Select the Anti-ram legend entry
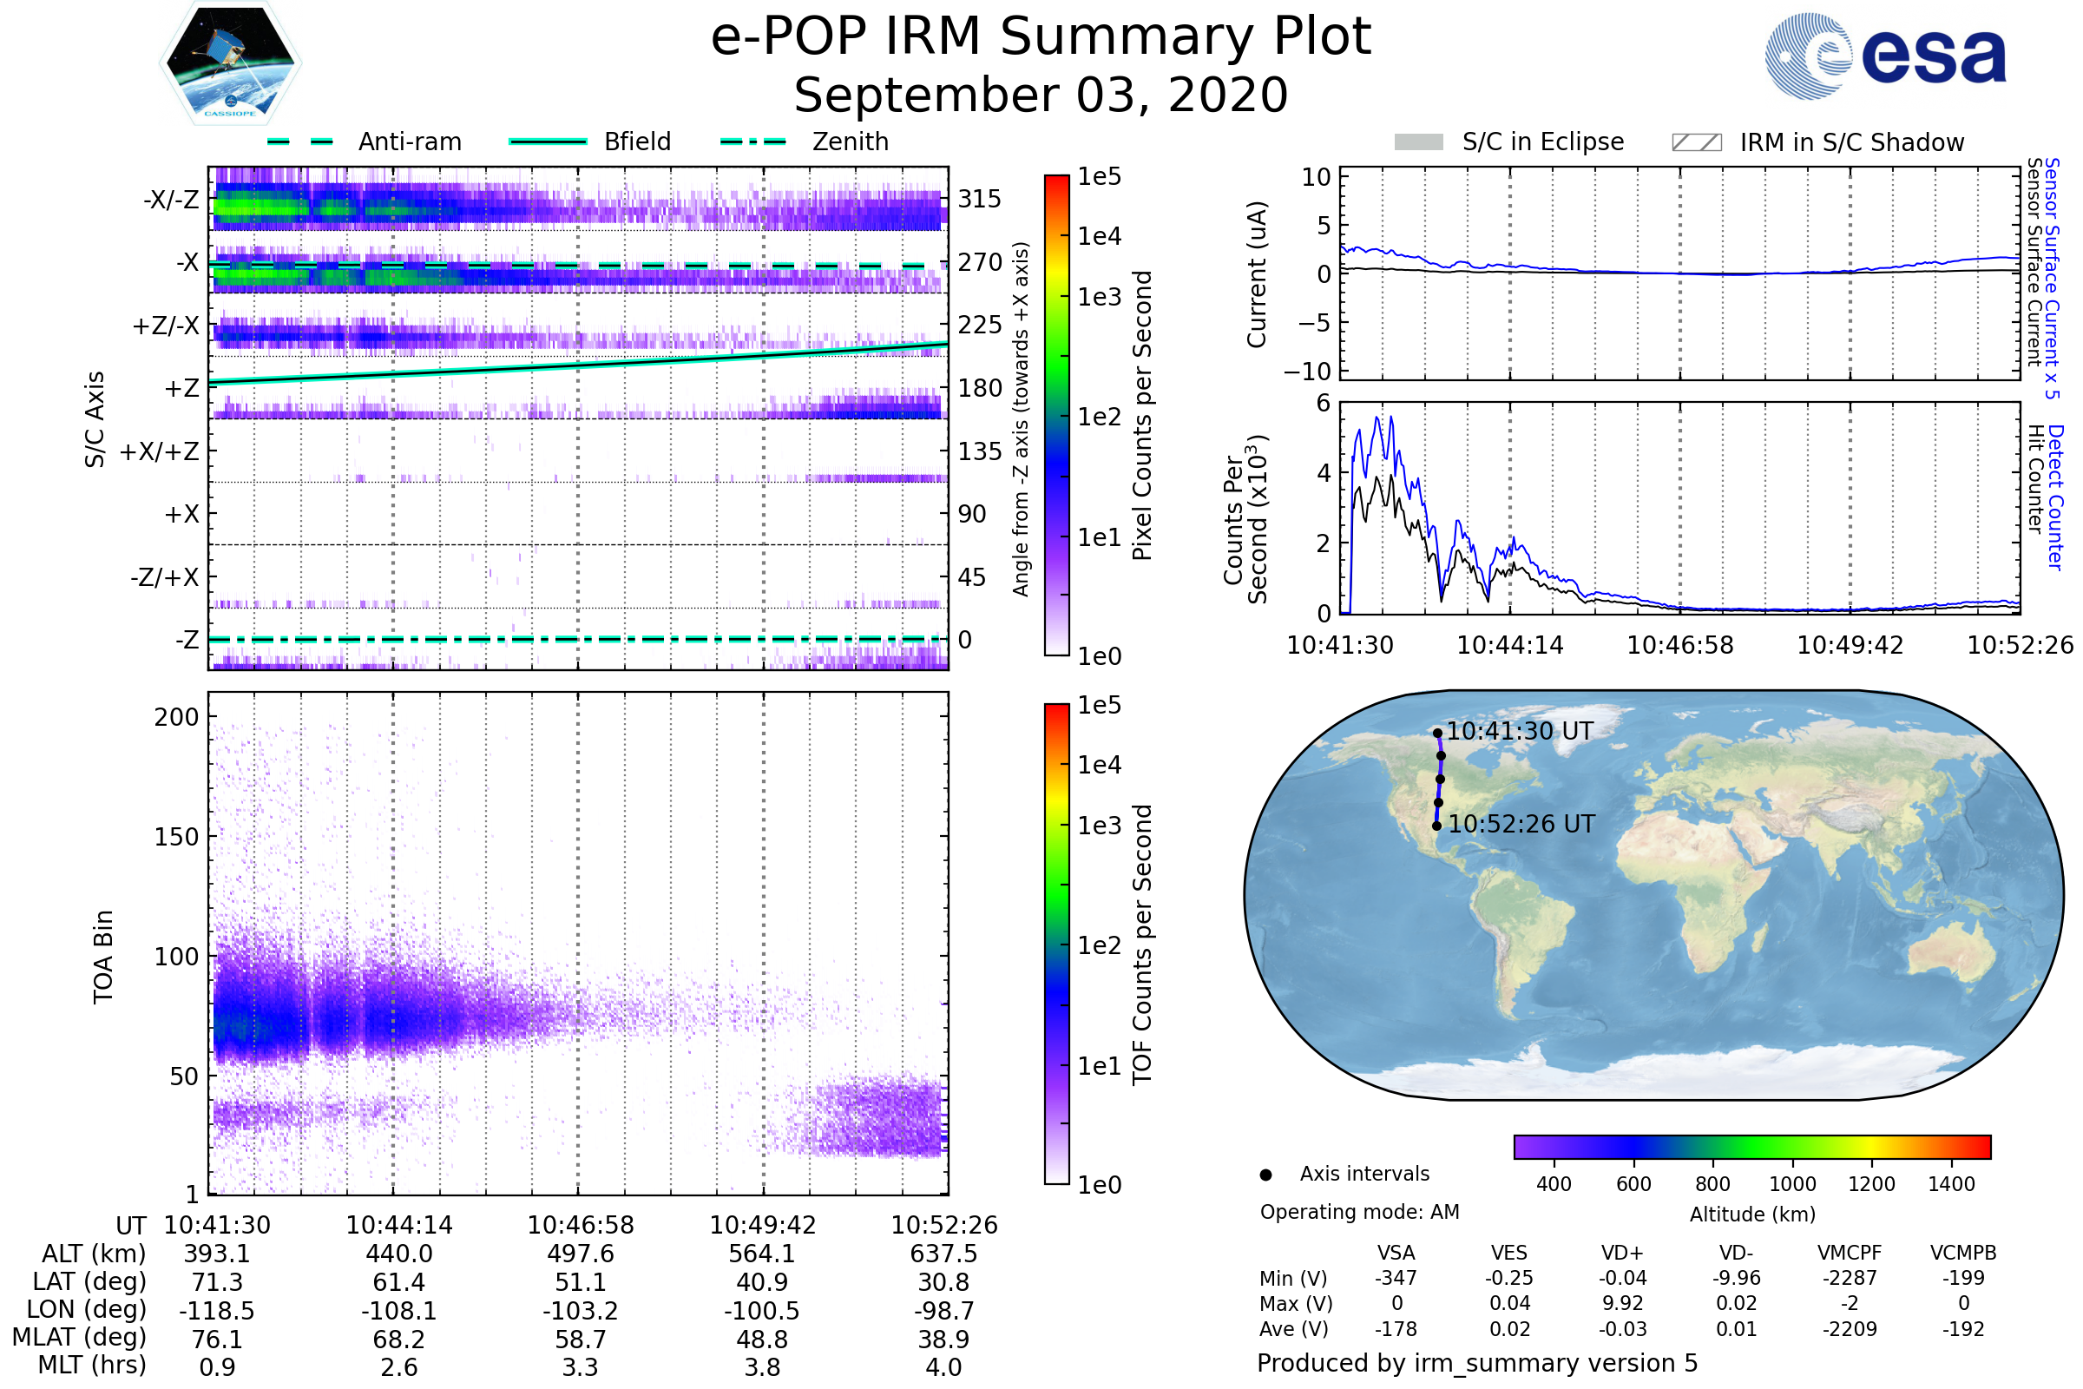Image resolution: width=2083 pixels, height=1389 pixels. [x=409, y=142]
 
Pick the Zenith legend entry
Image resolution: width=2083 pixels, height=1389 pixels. [x=850, y=142]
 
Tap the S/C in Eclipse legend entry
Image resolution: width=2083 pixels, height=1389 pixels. [x=1542, y=142]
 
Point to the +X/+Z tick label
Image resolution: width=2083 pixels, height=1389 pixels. [x=160, y=451]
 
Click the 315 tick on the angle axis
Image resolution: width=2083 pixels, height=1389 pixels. [x=980, y=199]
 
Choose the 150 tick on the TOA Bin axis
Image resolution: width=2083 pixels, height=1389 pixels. [x=176, y=836]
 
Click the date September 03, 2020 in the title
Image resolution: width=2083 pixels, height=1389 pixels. [x=1041, y=95]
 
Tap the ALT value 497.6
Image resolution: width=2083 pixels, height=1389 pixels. [x=580, y=1254]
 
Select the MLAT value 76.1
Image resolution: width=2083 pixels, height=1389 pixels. [x=217, y=1339]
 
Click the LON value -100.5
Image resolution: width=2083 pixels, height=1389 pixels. [x=762, y=1310]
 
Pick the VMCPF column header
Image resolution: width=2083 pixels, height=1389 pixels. [x=1850, y=1253]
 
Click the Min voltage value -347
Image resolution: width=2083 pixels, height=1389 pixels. [x=1396, y=1277]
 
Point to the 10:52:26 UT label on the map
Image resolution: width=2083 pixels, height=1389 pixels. [x=1521, y=824]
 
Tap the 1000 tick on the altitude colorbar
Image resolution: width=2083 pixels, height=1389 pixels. [x=1792, y=1183]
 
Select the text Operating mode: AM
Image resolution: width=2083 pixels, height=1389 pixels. [x=1359, y=1211]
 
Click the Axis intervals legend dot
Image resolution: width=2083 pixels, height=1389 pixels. [x=1265, y=1175]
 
